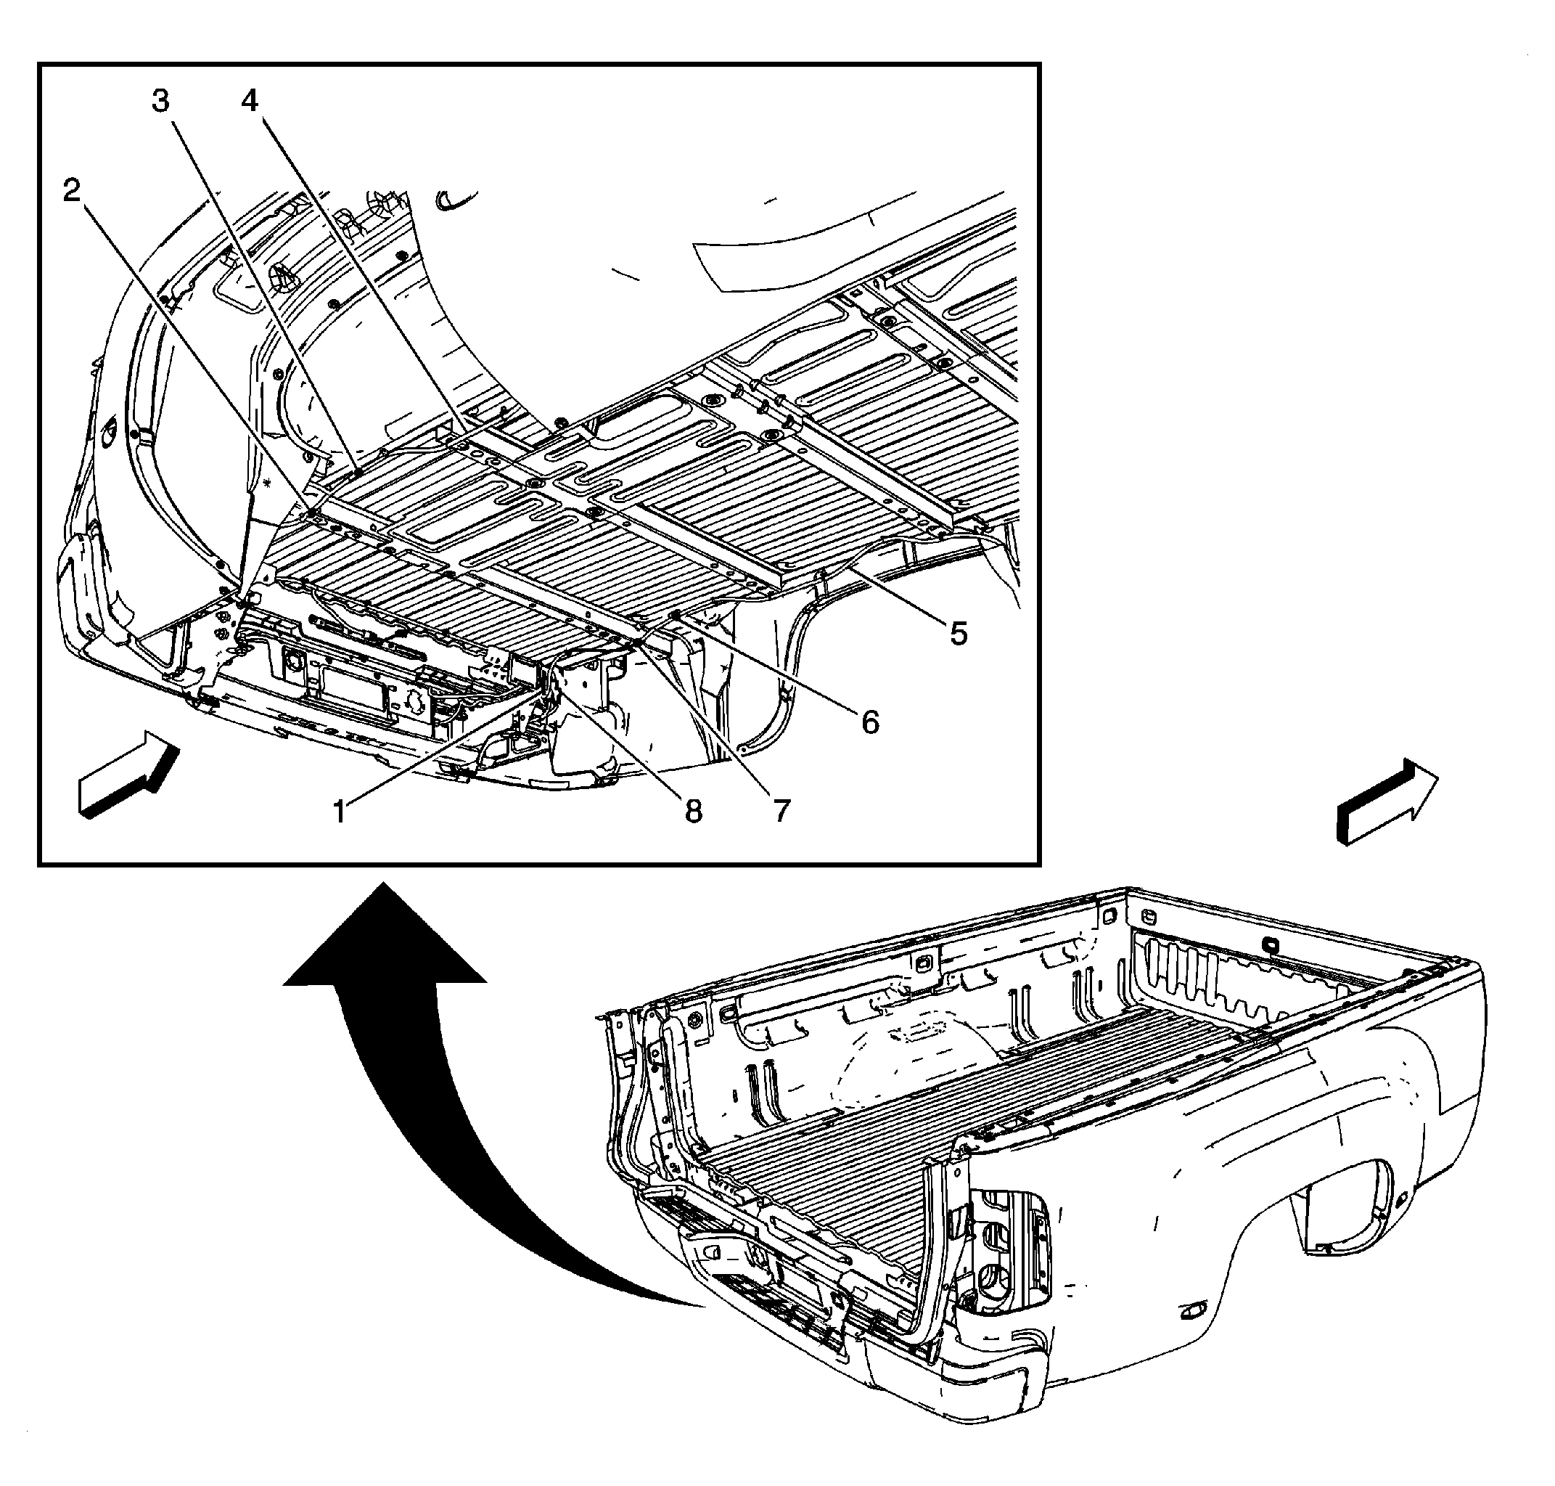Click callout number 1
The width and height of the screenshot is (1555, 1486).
pyautogui.click(x=340, y=811)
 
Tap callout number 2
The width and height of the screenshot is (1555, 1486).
pyautogui.click(x=73, y=190)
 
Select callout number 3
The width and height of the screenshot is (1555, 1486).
pyautogui.click(x=161, y=102)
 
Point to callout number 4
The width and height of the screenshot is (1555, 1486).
pyautogui.click(x=250, y=101)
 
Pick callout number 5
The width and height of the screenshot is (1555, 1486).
pyautogui.click(x=959, y=633)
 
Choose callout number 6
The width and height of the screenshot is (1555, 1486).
pyautogui.click(x=870, y=722)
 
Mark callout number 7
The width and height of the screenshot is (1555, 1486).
pyautogui.click(x=781, y=810)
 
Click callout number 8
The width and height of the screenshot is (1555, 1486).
pyautogui.click(x=694, y=810)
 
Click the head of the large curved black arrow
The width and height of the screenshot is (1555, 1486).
pyautogui.click(x=385, y=935)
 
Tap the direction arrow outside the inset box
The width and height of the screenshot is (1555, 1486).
pyautogui.click(x=1387, y=801)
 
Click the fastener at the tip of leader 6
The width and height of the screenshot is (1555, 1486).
pyautogui.click(x=675, y=615)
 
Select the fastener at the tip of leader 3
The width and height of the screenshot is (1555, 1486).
pyautogui.click(x=358, y=472)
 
